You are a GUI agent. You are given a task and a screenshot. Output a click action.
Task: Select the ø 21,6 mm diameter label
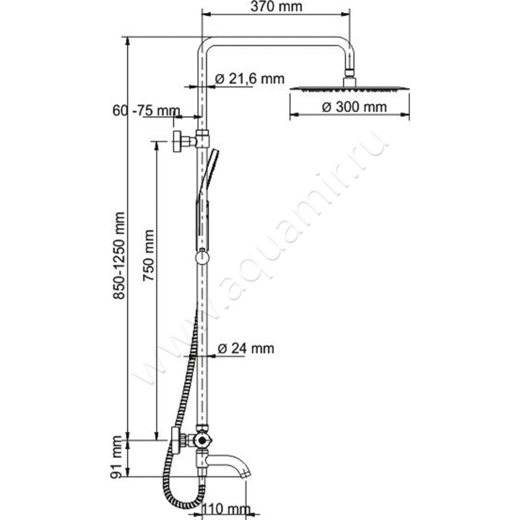(x=250, y=79)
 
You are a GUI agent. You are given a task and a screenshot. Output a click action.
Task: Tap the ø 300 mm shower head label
(x=354, y=107)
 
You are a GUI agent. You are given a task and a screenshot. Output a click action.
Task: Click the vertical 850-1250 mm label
(x=118, y=257)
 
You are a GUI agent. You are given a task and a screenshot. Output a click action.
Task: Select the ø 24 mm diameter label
(x=246, y=348)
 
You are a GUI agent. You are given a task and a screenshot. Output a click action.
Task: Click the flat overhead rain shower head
(x=350, y=88)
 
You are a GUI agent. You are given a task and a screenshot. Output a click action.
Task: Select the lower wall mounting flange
(x=175, y=440)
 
